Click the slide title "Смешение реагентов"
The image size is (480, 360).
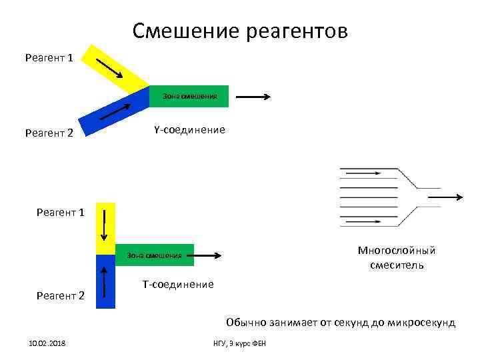click(240, 31)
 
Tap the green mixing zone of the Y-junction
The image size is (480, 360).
click(189, 97)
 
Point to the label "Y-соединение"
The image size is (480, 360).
click(189, 129)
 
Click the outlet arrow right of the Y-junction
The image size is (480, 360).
click(253, 97)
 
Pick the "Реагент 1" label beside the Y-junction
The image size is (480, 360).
click(49, 58)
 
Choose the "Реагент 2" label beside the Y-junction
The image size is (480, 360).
click(49, 133)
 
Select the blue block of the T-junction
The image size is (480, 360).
click(105, 282)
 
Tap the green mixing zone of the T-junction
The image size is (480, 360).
click(155, 255)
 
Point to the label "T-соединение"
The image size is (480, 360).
click(178, 285)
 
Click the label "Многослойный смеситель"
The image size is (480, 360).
click(396, 258)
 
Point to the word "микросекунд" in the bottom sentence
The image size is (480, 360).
click(423, 323)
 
